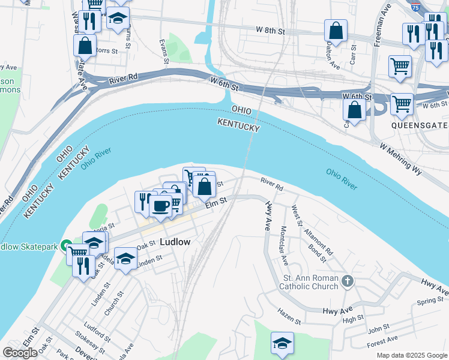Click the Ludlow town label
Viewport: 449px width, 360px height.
click(x=175, y=242)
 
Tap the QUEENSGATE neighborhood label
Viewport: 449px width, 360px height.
click(x=420, y=125)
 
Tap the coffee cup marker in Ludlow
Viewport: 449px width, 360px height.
click(x=160, y=206)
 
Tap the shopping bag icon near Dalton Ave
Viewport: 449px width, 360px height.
click(x=336, y=31)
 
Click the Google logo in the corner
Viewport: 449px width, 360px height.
click(x=20, y=353)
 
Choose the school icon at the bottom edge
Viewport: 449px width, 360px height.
click(x=282, y=343)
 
